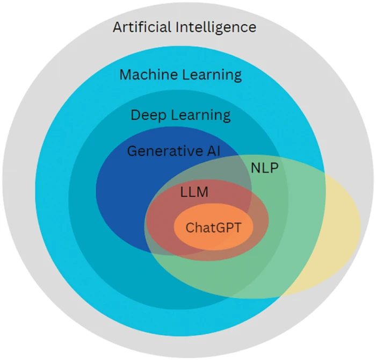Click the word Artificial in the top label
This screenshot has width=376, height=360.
click(142, 27)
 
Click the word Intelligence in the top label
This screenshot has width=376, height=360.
click(216, 27)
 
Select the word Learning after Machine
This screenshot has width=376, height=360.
click(212, 75)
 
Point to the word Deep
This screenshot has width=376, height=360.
click(148, 116)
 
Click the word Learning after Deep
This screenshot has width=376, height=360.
click(201, 116)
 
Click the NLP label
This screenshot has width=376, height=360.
click(264, 168)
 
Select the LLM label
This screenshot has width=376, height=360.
click(194, 192)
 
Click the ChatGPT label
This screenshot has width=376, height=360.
click(213, 227)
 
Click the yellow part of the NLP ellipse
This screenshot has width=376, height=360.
click(341, 231)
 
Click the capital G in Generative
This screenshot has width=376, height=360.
click(132, 151)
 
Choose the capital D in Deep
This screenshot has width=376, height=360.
click(135, 115)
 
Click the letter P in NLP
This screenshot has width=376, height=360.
click(274, 168)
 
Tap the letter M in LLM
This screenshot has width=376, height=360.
click(202, 192)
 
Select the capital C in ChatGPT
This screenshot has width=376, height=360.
click(190, 228)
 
